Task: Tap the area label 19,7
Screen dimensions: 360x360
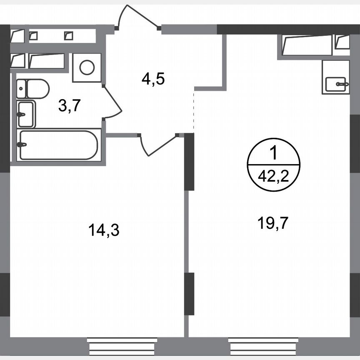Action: coord(273,224)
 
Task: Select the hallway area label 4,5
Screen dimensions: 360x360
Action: coord(153,78)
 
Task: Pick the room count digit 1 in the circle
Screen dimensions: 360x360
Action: coord(273,155)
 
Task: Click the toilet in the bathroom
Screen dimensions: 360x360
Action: coord(37,88)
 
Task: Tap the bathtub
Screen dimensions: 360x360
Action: coord(58,145)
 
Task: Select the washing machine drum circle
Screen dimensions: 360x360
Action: coord(87,67)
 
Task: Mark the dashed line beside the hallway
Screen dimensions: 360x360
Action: coord(194,110)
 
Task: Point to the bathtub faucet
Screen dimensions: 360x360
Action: coord(22,145)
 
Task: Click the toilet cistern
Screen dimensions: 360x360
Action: coord(21,88)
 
